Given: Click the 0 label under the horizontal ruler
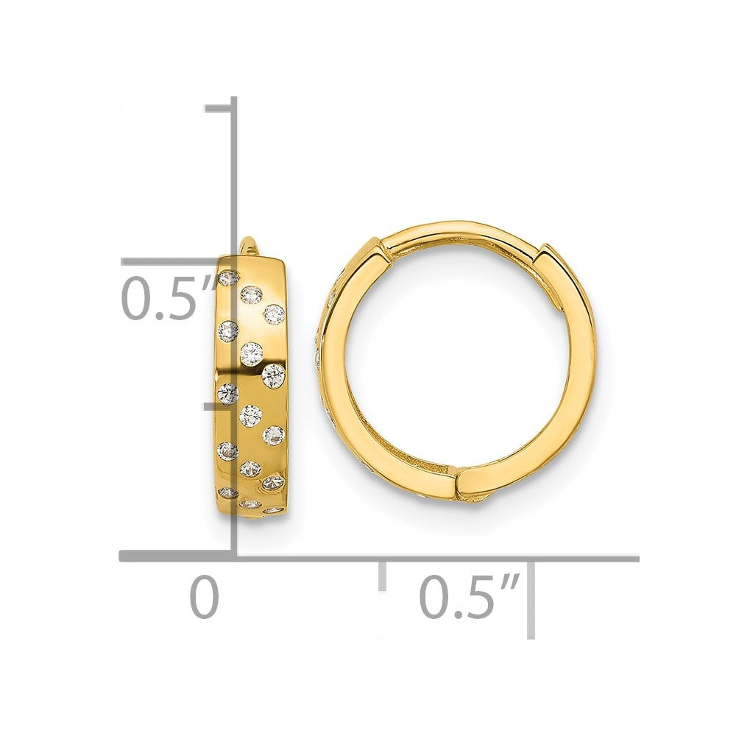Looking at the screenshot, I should tap(205, 597).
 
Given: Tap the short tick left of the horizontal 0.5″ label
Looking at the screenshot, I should tap(382, 574).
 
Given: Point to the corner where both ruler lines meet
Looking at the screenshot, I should tap(235, 558).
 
